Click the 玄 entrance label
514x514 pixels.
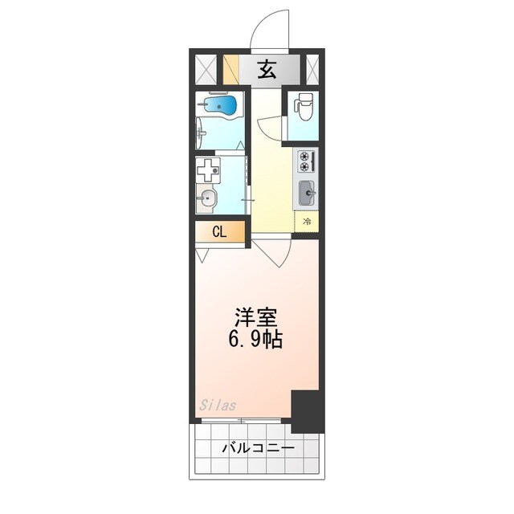(267, 70)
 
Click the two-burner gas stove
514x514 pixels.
(307, 161)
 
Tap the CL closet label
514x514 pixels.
(218, 232)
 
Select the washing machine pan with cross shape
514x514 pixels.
(210, 170)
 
